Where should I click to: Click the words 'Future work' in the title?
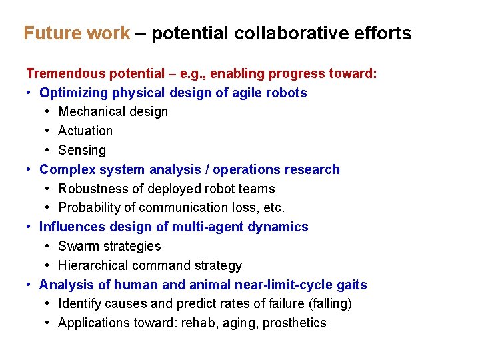tap(77, 33)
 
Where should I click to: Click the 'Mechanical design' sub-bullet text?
tap(113, 112)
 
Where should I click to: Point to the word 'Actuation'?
tap(85, 131)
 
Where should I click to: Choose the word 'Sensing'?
tap(82, 151)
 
